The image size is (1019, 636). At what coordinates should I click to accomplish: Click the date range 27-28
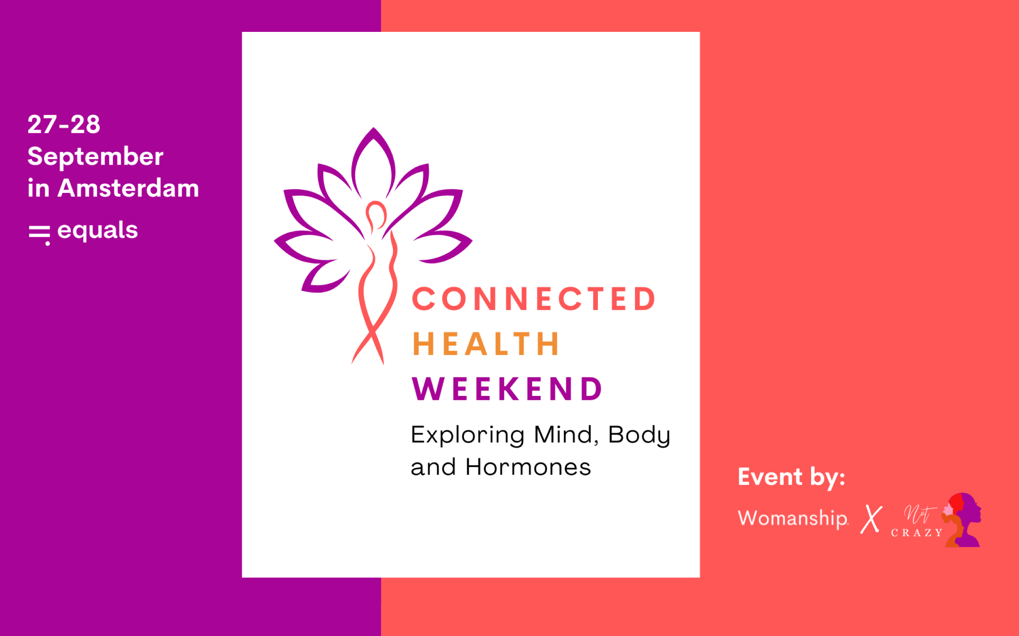point(64,125)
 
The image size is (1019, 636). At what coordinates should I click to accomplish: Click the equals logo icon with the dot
point(40,235)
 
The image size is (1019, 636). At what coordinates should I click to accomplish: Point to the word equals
point(98,231)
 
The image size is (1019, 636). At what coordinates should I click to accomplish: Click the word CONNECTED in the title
point(533,299)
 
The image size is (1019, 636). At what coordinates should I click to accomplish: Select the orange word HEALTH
point(486,344)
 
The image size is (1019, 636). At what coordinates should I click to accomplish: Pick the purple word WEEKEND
point(507,389)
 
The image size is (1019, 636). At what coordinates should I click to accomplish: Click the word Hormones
point(528,467)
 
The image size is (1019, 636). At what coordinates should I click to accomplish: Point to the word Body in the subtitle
point(639,435)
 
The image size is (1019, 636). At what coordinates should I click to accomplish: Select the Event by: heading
point(791,477)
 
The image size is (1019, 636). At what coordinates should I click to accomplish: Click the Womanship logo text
point(793,518)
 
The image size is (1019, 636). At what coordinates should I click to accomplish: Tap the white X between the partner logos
point(871,519)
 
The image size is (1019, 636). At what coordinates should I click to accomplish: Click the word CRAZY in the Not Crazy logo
point(917,533)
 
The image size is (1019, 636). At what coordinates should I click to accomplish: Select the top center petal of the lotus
point(373,162)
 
